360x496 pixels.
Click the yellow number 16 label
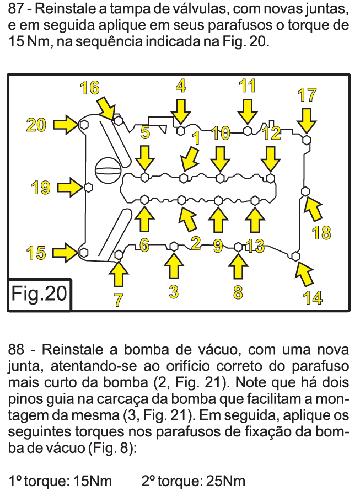pyautogui.click(x=89, y=88)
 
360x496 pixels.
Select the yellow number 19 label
pyautogui.click(x=41, y=188)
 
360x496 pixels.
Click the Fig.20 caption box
pyautogui.click(x=39, y=294)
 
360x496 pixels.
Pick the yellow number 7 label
pyautogui.click(x=119, y=300)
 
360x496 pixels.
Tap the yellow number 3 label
pyautogui.click(x=174, y=292)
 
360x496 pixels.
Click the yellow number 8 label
pyautogui.click(x=238, y=292)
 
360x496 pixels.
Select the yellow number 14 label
pyautogui.click(x=313, y=297)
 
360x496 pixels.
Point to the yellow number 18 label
pyautogui.click(x=321, y=233)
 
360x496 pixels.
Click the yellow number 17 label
pyautogui.click(x=307, y=94)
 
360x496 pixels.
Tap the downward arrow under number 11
pyautogui.click(x=248, y=113)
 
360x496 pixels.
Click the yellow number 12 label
pyautogui.click(x=272, y=133)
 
